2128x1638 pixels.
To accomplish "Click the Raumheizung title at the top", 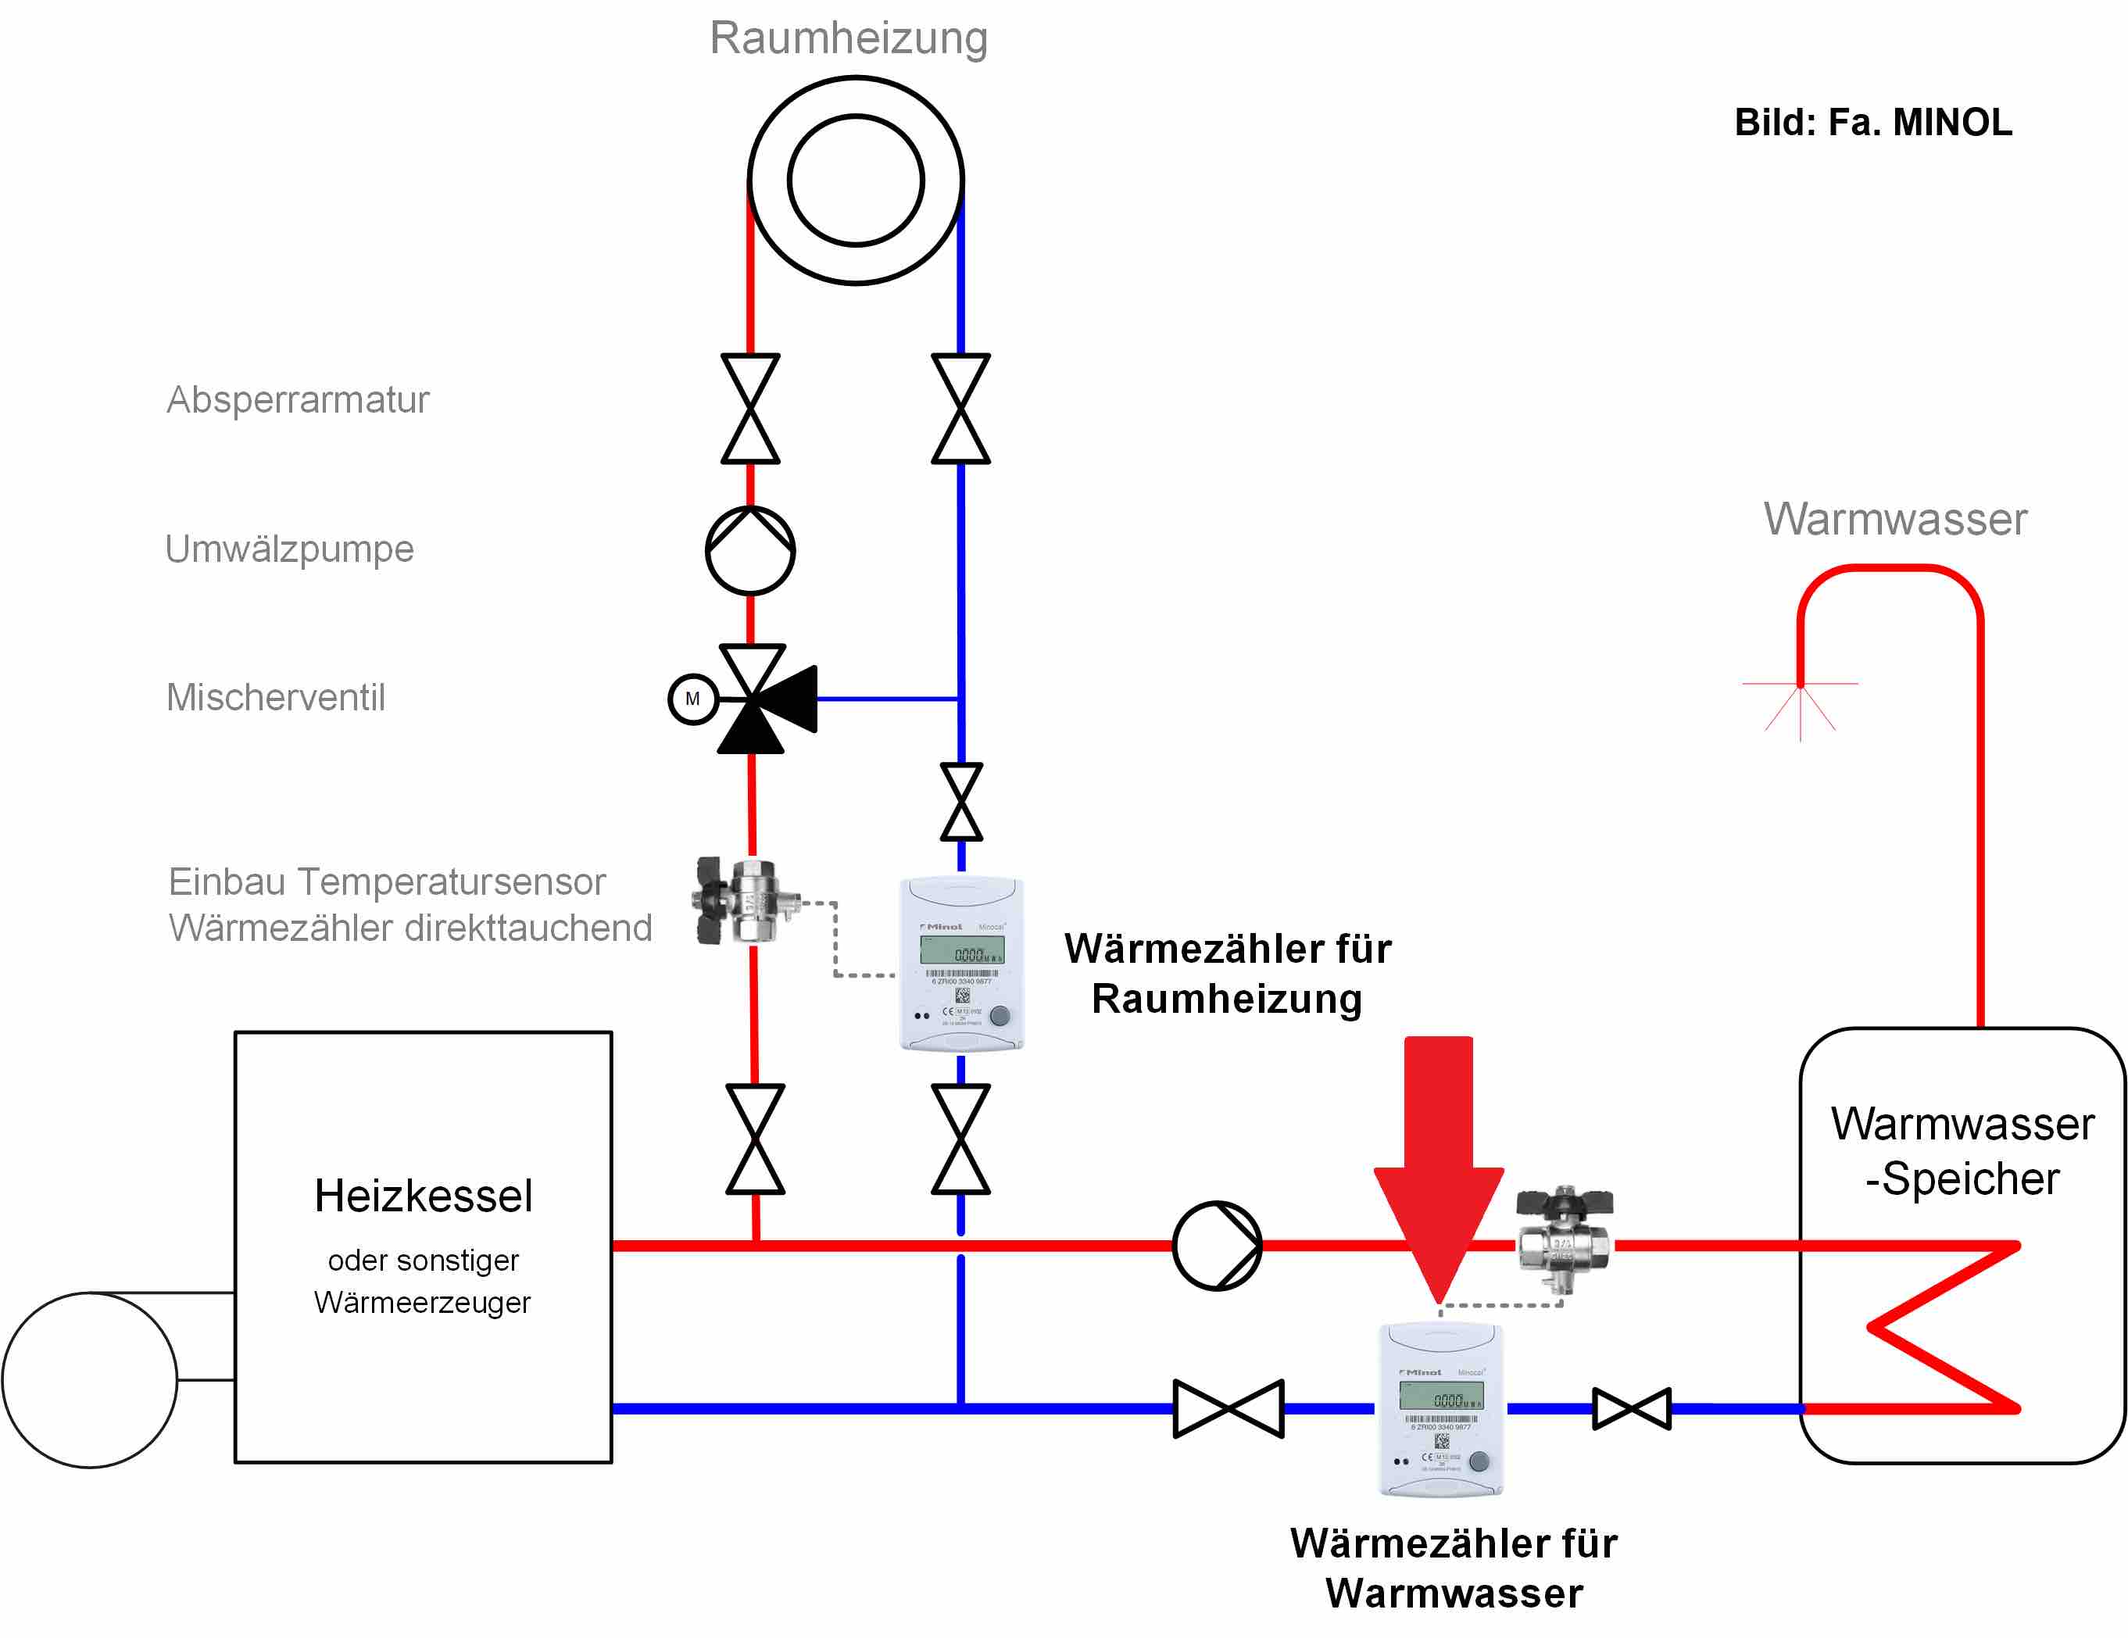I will pos(848,38).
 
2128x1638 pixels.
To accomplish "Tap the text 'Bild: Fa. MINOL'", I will pos(1872,123).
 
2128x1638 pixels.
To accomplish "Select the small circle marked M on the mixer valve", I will pos(692,699).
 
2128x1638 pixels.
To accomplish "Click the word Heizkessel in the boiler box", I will pos(423,1196).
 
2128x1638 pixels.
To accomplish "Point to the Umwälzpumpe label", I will pos(289,549).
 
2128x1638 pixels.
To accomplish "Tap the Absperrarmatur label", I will pos(297,399).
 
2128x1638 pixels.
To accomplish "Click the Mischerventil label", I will pos(276,698).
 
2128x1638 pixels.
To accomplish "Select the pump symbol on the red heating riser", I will pos(750,550).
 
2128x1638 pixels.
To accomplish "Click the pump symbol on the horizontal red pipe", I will pos(1217,1246).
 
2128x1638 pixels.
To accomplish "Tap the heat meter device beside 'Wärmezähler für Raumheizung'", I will pos(960,964).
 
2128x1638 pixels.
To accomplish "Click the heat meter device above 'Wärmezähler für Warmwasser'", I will pos(1441,1408).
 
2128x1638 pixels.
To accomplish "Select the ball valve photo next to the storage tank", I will pos(1564,1238).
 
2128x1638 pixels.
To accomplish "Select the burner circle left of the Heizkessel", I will pos(90,1379).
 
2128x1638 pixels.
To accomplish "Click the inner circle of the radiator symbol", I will pos(856,181).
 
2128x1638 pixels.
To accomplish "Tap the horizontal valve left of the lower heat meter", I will pos(1228,1408).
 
